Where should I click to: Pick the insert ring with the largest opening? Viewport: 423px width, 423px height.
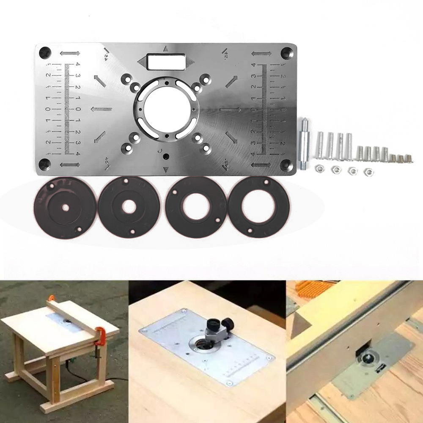pos(259,206)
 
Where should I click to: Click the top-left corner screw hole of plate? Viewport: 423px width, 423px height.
pos(45,53)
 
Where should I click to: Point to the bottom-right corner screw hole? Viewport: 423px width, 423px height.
pos(286,164)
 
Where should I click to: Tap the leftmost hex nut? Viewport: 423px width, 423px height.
pos(320,169)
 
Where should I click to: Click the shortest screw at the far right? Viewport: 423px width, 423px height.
pos(409,159)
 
